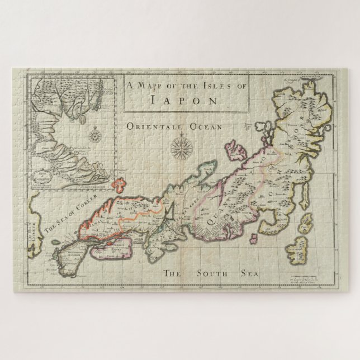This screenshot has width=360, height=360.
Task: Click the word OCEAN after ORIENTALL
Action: point(209,127)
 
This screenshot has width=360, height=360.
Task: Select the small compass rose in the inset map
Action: point(96,134)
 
